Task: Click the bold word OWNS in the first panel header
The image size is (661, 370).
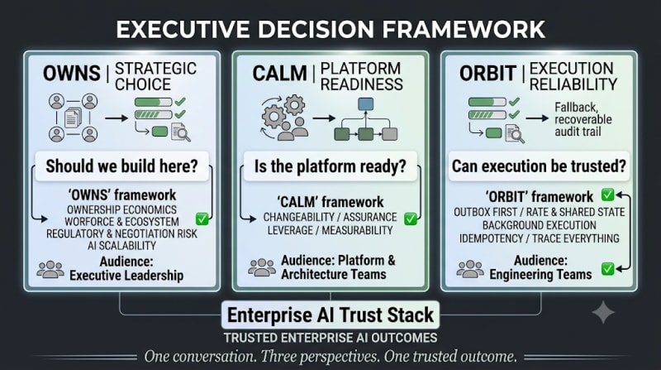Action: coord(72,73)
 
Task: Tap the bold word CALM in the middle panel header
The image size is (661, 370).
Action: coord(279,73)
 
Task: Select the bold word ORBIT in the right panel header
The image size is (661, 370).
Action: coord(487,73)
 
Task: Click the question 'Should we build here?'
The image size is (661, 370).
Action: coord(121,166)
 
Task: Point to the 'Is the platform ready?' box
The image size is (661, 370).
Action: coord(330,166)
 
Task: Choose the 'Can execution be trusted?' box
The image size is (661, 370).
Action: coord(539,166)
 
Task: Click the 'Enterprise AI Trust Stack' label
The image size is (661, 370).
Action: coord(330,315)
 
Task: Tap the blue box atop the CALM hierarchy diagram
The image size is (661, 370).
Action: coord(365,104)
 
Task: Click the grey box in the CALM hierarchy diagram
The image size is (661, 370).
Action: coord(389,134)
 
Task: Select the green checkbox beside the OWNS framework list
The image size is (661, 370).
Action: coord(202,219)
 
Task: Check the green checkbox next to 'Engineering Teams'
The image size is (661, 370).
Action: coord(607,269)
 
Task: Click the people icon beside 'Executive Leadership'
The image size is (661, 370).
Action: coord(50,269)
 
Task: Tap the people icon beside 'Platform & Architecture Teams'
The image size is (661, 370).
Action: coord(262,267)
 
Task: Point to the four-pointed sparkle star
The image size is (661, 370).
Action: coord(603,312)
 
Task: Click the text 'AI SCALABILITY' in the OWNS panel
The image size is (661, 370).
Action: coord(121,245)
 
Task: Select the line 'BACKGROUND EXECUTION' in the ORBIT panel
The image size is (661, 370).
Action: coord(540,225)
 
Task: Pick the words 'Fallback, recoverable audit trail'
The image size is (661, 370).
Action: coord(583,119)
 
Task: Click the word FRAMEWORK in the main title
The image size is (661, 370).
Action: coord(464,29)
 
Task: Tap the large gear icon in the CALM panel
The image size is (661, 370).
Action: coord(274,115)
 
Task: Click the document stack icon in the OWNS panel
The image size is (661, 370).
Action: coord(73,118)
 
